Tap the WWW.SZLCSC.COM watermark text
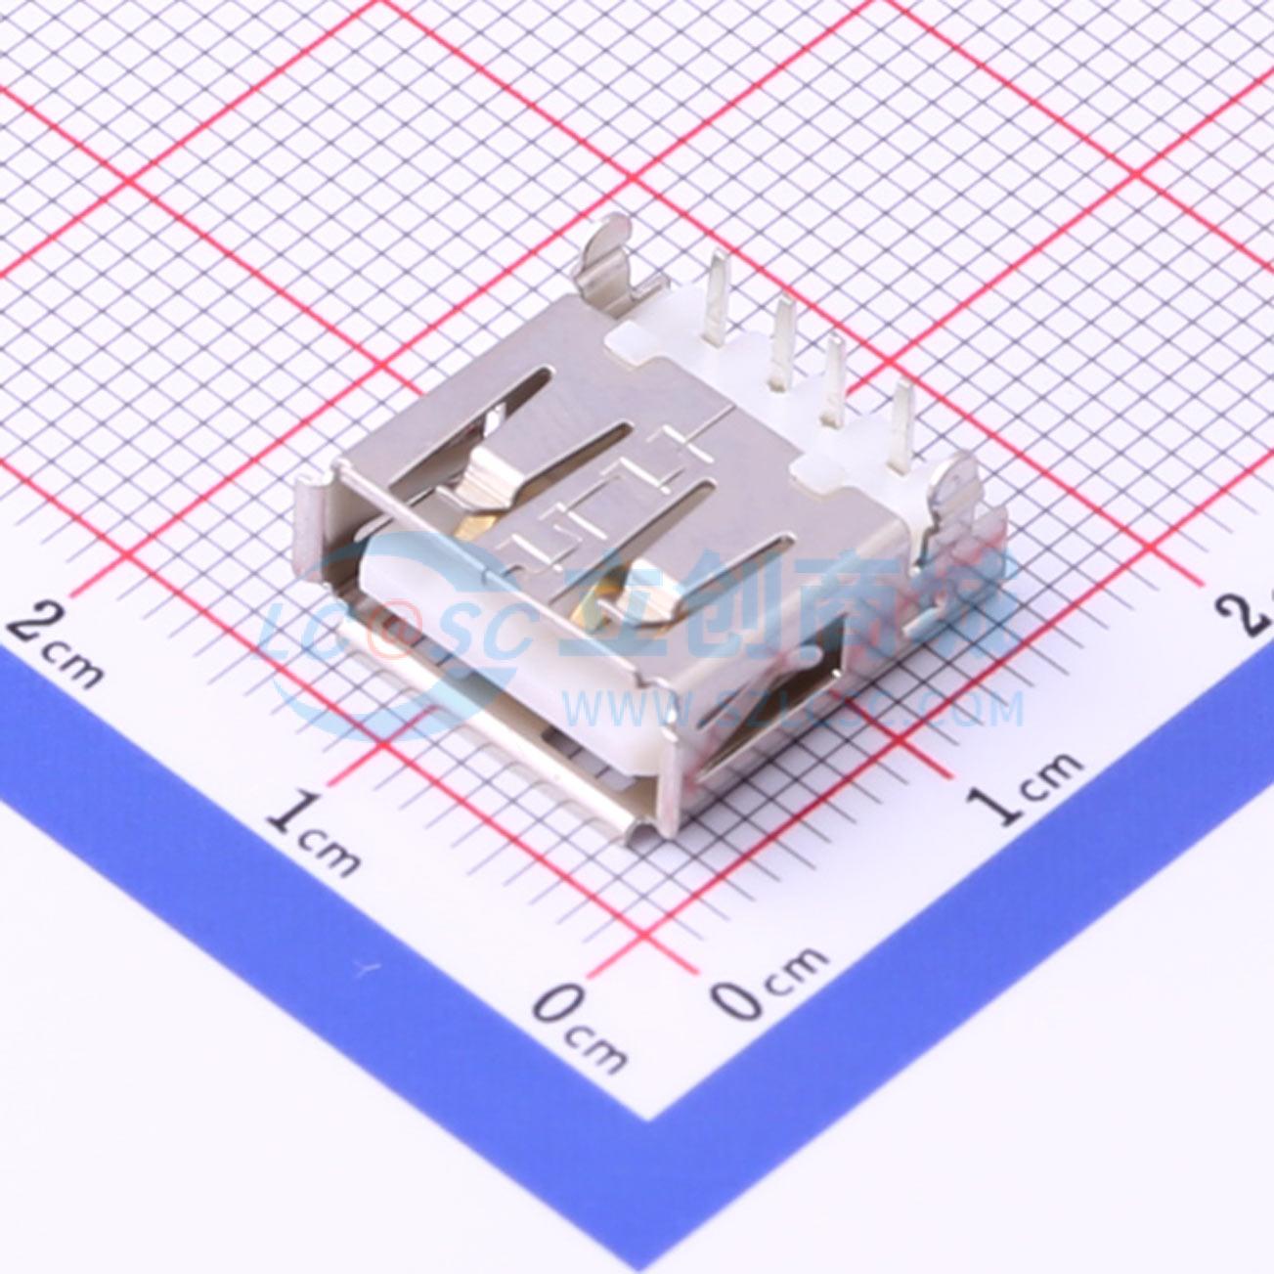pyautogui.click(x=792, y=709)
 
